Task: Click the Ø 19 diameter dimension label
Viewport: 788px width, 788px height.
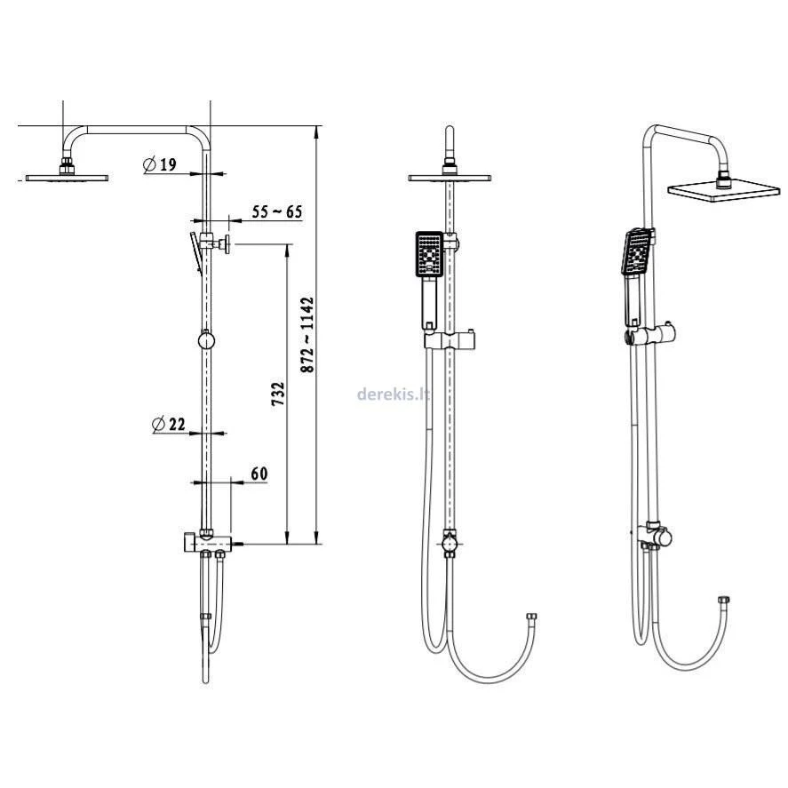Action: pyautogui.click(x=160, y=164)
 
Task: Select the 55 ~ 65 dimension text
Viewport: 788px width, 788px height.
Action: pyautogui.click(x=277, y=211)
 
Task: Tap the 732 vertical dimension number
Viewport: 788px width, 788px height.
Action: pyautogui.click(x=278, y=394)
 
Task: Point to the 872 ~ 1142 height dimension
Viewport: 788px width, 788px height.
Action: pyautogui.click(x=307, y=335)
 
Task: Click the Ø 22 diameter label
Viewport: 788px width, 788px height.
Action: pyautogui.click(x=169, y=424)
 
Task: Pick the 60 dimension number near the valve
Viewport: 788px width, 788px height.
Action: pyautogui.click(x=259, y=474)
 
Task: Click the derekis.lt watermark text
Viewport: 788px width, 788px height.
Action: pyautogui.click(x=394, y=394)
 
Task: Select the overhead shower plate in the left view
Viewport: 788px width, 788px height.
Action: pyautogui.click(x=67, y=178)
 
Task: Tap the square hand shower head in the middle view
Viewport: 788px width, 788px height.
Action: pyautogui.click(x=430, y=254)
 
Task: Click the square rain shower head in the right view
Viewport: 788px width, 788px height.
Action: pyautogui.click(x=724, y=191)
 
